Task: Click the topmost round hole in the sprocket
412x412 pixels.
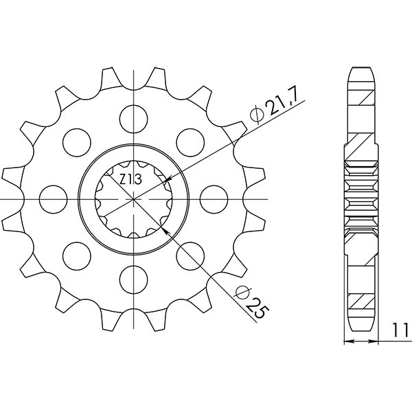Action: click(132, 118)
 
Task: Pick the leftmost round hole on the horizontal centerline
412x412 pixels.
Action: click(51, 198)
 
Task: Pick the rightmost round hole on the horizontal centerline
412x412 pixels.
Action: click(212, 198)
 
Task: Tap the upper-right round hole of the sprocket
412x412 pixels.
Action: click(189, 141)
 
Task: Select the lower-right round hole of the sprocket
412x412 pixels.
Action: click(189, 255)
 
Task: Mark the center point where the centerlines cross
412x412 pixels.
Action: click(132, 198)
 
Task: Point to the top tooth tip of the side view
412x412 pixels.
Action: click(362, 67)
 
